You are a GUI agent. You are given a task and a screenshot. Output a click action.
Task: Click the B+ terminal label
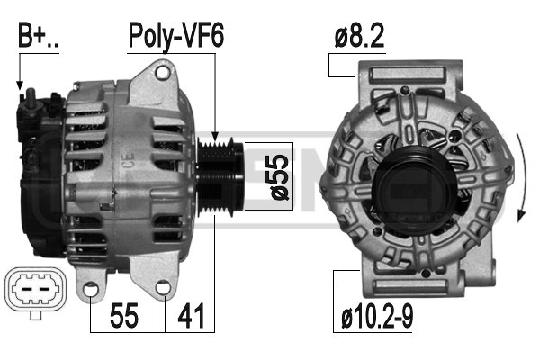click(x=38, y=35)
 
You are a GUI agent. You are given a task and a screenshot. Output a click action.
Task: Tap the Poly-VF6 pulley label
click(x=176, y=37)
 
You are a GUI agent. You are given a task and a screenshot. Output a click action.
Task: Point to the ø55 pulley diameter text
click(x=280, y=176)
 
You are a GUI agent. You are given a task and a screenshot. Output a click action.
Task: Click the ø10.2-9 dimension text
click(x=377, y=318)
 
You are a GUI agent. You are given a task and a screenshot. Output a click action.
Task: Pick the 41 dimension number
click(x=191, y=316)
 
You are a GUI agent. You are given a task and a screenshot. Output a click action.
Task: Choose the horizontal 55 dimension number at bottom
click(x=124, y=316)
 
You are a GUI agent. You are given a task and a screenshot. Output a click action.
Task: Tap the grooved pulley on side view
click(x=220, y=176)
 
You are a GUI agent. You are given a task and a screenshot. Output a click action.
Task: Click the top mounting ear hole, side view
click(x=162, y=73)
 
